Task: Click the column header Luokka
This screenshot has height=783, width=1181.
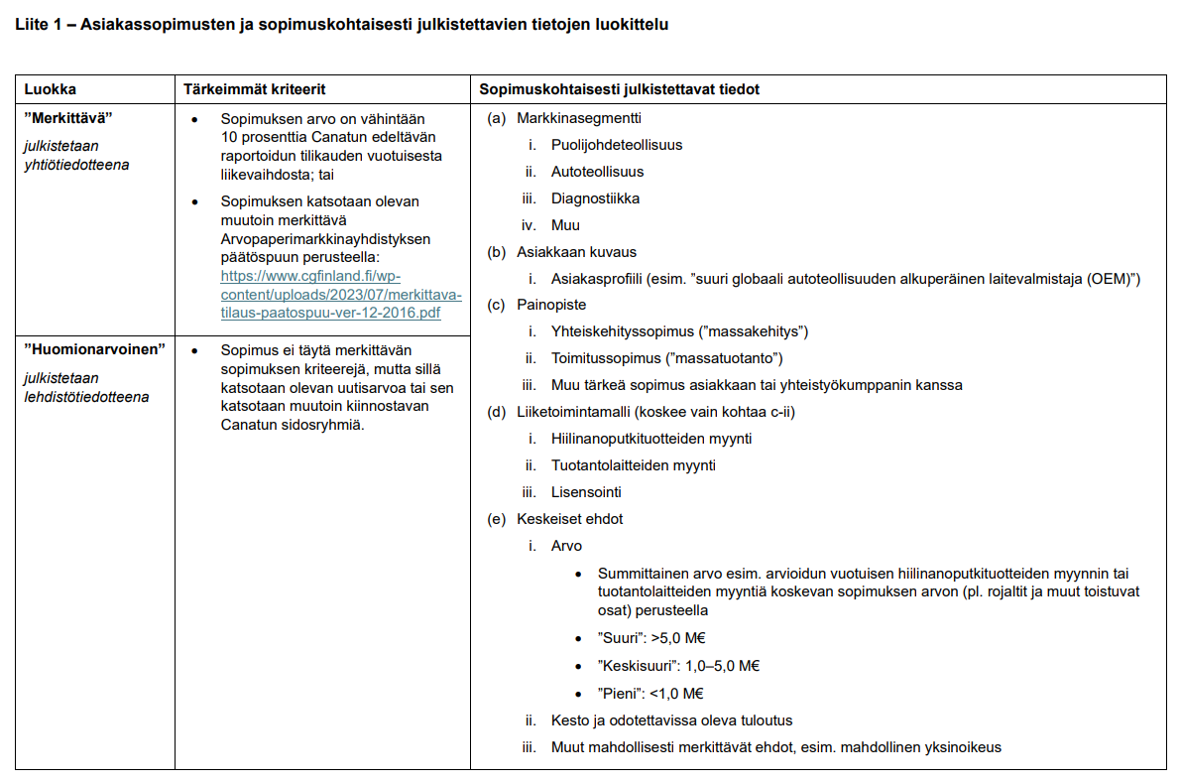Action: [50, 89]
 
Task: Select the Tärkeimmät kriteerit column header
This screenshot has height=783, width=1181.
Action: [255, 89]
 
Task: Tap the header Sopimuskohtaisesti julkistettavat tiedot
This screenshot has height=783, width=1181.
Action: [620, 89]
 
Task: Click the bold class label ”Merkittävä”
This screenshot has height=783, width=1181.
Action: [68, 118]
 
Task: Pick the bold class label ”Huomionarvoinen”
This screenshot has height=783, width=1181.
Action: [93, 350]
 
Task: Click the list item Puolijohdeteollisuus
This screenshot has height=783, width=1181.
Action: [617, 145]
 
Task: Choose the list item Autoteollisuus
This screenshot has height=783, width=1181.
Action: [597, 172]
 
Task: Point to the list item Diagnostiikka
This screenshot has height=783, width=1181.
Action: [595, 198]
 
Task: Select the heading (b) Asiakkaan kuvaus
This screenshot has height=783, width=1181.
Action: [562, 252]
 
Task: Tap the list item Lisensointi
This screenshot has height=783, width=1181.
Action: [587, 492]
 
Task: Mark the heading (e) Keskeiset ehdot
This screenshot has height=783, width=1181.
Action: [555, 519]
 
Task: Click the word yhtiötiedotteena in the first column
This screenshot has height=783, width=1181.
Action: [77, 165]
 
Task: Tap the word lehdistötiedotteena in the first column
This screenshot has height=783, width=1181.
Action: [86, 397]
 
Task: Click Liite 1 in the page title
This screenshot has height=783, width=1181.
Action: [39, 24]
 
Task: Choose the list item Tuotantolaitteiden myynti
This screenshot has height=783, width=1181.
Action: [634, 465]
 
